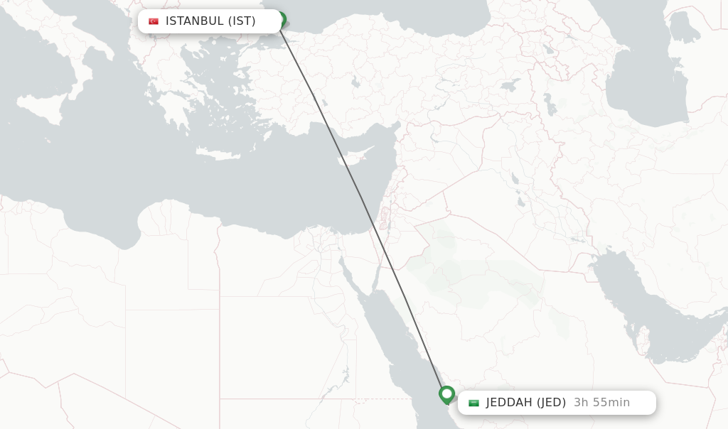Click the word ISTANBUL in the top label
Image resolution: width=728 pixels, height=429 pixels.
(194, 21)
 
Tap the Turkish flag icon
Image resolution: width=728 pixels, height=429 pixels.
(154, 21)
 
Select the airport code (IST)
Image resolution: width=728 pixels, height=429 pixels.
(242, 21)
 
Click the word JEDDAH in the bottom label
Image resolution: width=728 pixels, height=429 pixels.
(509, 403)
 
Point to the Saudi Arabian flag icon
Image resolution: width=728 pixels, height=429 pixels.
(473, 403)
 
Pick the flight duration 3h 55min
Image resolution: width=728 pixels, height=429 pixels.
(601, 403)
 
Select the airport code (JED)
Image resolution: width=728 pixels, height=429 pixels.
(551, 403)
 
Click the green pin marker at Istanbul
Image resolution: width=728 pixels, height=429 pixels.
(280, 19)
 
